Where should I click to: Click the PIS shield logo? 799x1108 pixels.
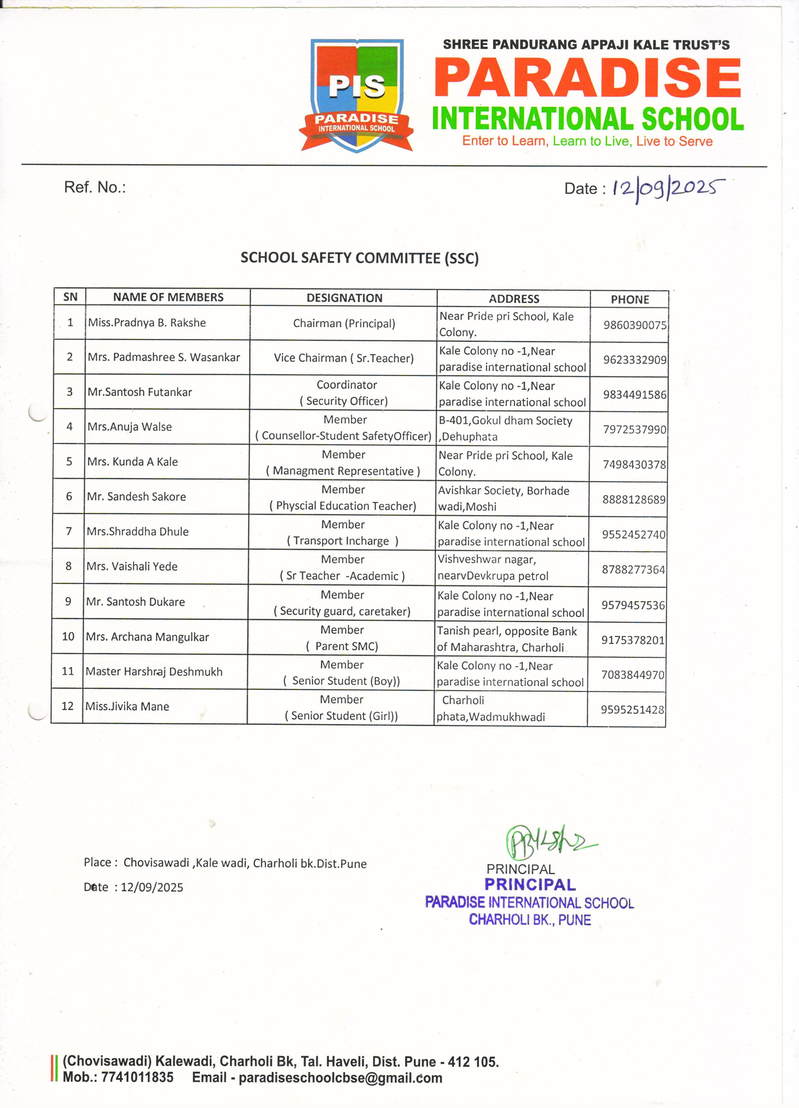(x=357, y=95)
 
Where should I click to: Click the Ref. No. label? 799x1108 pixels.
(x=95, y=187)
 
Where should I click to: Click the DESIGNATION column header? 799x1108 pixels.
(x=344, y=298)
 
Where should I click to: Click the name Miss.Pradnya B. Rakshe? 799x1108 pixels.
(x=147, y=323)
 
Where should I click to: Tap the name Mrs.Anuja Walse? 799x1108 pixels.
(x=130, y=427)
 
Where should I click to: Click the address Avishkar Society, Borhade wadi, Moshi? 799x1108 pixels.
(x=503, y=498)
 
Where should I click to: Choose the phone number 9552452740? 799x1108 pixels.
(x=633, y=535)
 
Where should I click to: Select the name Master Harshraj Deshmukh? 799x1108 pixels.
(x=154, y=672)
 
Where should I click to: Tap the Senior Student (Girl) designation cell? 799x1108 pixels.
(x=342, y=707)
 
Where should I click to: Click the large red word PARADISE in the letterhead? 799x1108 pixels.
(x=588, y=78)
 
